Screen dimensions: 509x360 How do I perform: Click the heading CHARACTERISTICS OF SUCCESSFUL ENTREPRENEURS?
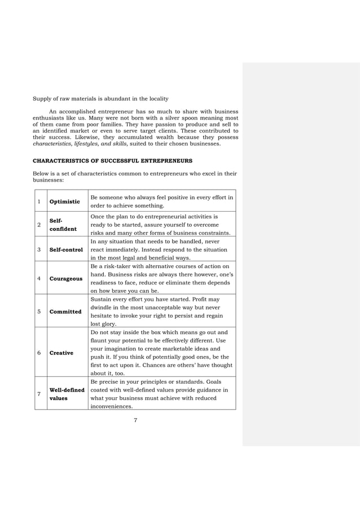pyautogui.click(x=113, y=161)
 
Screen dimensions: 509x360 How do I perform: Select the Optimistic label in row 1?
pyautogui.click(x=64, y=201)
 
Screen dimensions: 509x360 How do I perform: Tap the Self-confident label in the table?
pyautogui.click(x=63, y=225)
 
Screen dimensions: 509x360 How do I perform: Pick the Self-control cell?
pyautogui.click(x=66, y=249)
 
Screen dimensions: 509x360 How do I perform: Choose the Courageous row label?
pyautogui.click(x=65, y=278)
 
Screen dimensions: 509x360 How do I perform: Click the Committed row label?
pyautogui.click(x=65, y=311)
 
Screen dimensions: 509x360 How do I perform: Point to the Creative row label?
pyautogui.click(x=62, y=353)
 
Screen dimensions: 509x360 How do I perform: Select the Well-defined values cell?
pyautogui.click(x=67, y=394)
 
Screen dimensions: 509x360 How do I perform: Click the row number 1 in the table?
pyautogui.click(x=39, y=201)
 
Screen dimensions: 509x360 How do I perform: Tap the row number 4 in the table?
pyautogui.click(x=39, y=278)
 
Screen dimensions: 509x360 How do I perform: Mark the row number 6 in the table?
pyautogui.click(x=39, y=353)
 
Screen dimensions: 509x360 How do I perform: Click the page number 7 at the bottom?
pyautogui.click(x=135, y=420)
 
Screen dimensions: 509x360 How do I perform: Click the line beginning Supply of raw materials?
pyautogui.click(x=100, y=99)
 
